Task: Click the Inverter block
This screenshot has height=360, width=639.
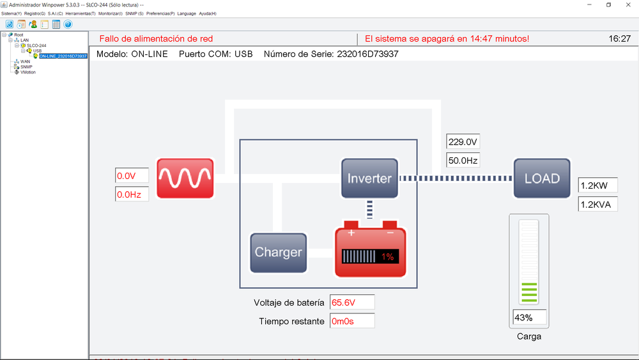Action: coord(369,178)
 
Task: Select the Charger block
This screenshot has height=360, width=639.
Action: coord(278,252)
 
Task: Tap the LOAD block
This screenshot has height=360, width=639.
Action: coord(542,178)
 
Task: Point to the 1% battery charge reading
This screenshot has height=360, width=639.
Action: coord(387,256)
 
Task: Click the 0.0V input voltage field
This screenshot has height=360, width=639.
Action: coord(132,175)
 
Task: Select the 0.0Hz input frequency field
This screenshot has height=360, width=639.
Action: coord(132,194)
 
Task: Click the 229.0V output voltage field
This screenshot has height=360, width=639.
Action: coord(463,142)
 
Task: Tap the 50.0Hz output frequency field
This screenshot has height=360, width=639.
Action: coord(463,160)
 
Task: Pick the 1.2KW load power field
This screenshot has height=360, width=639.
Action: coord(597,185)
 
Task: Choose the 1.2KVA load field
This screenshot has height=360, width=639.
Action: coord(597,204)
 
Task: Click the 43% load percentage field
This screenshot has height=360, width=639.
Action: coord(530,317)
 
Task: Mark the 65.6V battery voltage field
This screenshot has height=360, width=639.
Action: coord(351,302)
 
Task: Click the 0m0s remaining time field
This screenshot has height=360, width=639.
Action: coord(351,321)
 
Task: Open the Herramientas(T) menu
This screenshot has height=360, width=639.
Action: coord(81,13)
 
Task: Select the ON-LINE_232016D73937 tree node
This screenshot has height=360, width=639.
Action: coord(63,56)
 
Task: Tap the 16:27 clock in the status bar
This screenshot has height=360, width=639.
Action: coord(619,38)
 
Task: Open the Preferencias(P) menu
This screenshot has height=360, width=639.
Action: coord(160,13)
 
